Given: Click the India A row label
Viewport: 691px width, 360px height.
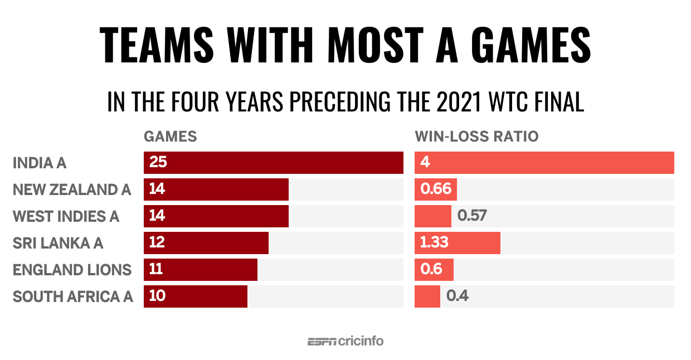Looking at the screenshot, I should (x=40, y=163).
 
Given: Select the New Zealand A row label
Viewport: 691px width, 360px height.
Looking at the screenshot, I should (x=72, y=190).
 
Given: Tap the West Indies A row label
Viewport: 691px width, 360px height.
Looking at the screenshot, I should (x=66, y=216).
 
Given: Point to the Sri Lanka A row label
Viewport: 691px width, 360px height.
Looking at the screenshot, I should (x=58, y=243).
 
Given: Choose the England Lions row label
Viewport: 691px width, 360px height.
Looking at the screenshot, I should (x=72, y=270).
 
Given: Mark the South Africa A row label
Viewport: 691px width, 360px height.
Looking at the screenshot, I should (x=73, y=296).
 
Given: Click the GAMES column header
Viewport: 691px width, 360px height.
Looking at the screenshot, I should (x=170, y=137).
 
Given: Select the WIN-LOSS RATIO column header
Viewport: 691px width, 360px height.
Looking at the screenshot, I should (x=476, y=137).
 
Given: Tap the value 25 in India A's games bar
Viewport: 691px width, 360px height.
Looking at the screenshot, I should (x=158, y=163).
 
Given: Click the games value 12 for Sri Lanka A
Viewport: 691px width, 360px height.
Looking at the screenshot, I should (x=157, y=242).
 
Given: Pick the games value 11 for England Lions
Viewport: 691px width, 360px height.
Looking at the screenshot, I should (x=156, y=269).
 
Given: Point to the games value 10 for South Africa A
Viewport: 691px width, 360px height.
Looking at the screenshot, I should (x=157, y=296).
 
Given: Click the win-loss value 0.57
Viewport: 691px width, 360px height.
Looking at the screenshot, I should (x=472, y=216).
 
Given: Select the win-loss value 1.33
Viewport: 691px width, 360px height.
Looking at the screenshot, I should (x=435, y=242).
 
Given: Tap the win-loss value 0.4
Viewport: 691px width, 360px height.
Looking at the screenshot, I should (x=457, y=296).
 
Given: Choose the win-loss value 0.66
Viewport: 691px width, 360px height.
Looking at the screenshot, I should (x=435, y=189).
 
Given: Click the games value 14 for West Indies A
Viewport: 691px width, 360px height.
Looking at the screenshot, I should (x=157, y=216).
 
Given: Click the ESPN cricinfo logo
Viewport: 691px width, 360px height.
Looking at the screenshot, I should (x=345, y=341).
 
